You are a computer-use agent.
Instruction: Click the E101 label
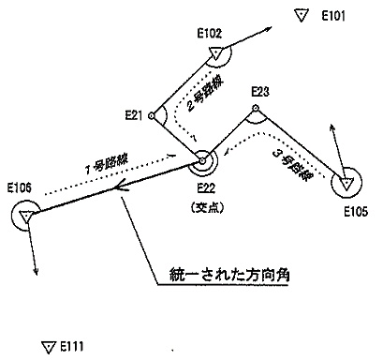333,16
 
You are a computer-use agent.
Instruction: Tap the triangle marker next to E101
302,15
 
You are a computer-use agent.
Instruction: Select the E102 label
210,34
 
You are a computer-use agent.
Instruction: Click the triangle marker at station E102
216,53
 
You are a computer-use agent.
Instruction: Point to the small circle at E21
151,116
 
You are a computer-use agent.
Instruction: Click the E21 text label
134,115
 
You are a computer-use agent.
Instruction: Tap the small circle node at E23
256,108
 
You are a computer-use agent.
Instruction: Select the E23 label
260,92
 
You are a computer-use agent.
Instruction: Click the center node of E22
202,161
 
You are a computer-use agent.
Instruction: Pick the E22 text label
206,188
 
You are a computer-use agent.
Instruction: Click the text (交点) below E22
208,207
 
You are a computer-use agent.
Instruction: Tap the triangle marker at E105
346,184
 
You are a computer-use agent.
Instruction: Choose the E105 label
356,212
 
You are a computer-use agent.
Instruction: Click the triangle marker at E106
25,217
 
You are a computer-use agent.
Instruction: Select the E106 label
20,187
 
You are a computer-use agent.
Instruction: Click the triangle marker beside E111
48,347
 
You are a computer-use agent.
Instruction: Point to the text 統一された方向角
229,275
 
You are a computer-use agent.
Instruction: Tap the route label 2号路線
205,94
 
